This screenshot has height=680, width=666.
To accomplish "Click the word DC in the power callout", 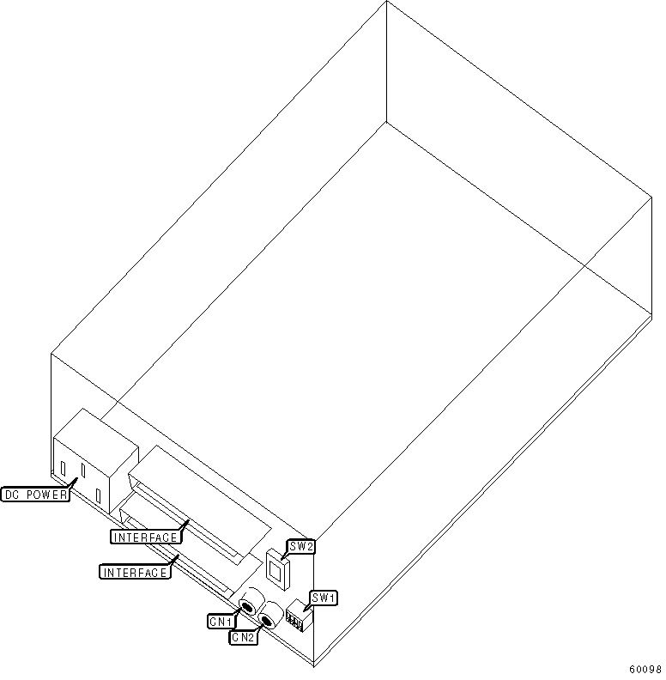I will (x=15, y=495).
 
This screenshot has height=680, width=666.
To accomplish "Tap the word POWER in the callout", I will (x=46, y=495).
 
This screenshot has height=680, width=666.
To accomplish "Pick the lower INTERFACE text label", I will (x=136, y=572).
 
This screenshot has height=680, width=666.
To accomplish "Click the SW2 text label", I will (x=301, y=546).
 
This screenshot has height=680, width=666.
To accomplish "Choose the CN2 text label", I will (x=242, y=638).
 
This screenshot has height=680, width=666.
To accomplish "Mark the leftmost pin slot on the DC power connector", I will (x=63, y=468).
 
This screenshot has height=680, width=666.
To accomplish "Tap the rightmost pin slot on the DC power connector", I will (x=100, y=496).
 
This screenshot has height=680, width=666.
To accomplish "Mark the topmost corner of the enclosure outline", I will (x=386, y=3).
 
